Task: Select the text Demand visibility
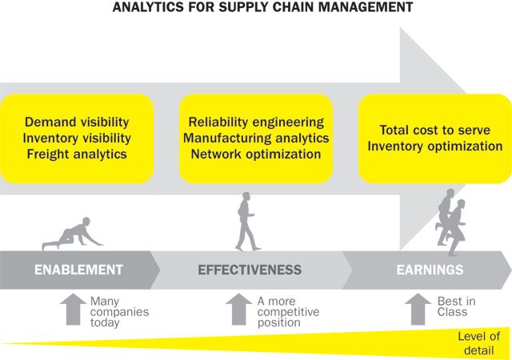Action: coord(76,123)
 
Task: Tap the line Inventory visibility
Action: coord(78,138)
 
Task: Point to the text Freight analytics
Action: coord(76,154)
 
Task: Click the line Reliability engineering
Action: coord(256,123)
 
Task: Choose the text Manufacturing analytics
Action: coord(256,138)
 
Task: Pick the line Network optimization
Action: coord(256,154)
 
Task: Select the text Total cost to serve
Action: coord(434,130)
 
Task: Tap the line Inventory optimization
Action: coord(434,146)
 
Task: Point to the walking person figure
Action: coord(246,221)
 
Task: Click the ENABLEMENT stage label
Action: coord(78,270)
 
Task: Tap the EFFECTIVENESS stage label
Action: coord(250,270)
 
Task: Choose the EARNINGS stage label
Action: coord(430,270)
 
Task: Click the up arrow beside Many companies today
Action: coord(72,309)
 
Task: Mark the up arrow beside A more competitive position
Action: coord(238,309)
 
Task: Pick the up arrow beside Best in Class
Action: coord(417,309)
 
